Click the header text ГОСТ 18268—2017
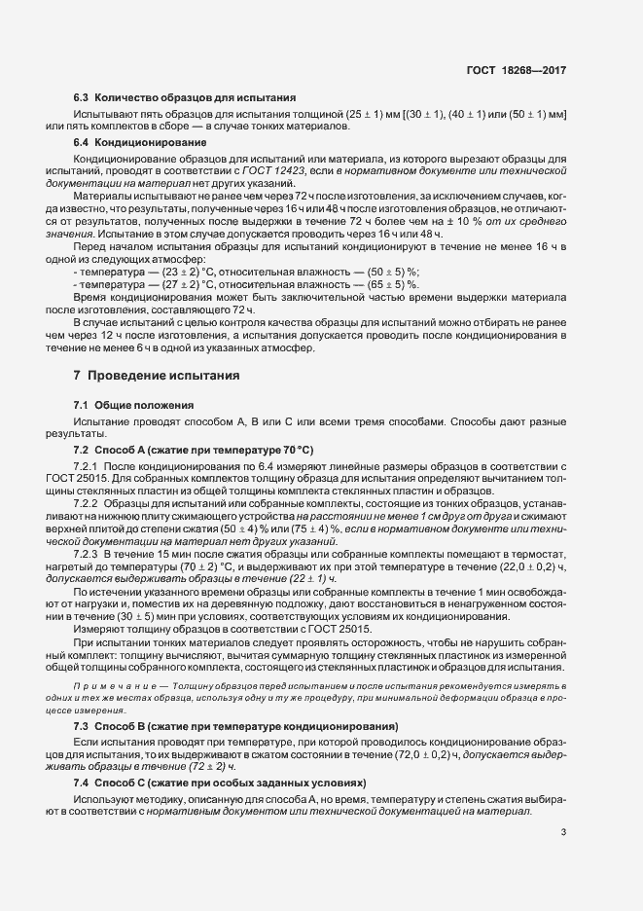(x=517, y=71)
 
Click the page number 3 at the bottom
(x=563, y=831)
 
